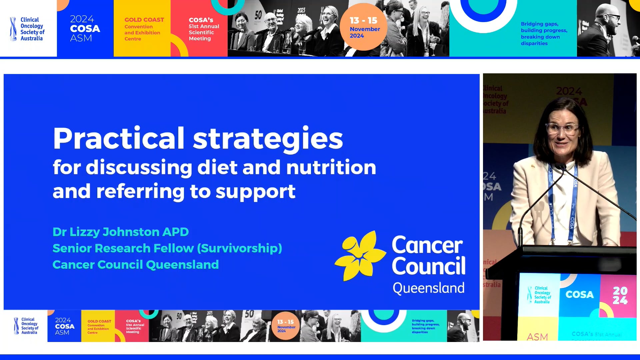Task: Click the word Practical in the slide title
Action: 118,138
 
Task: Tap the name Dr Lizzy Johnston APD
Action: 120,232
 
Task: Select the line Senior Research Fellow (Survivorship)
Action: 167,248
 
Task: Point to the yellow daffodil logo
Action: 360,255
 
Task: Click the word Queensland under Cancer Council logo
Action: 428,288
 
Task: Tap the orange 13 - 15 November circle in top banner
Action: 364,27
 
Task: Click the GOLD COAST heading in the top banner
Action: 144,20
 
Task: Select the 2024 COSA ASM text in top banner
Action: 85,28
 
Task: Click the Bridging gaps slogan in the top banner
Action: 544,33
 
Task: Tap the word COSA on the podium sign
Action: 579,295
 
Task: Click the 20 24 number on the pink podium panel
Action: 620,295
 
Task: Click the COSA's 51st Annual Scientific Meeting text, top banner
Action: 204,29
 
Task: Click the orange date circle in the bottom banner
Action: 286,326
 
